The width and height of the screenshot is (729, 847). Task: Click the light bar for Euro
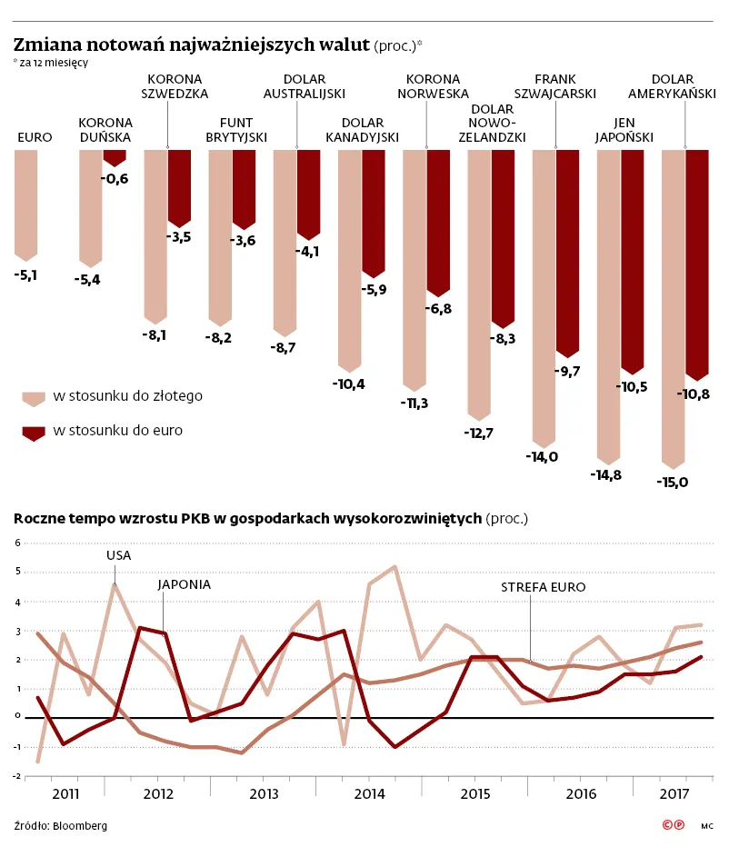coord(26,205)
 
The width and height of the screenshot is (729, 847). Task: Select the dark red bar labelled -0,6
coord(115,158)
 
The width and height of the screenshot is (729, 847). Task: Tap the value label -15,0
coord(673,483)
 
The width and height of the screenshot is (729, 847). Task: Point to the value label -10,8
coord(694,394)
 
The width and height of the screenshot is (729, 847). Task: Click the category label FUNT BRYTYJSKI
coord(236,130)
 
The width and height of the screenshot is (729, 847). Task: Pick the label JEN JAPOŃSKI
coord(624,130)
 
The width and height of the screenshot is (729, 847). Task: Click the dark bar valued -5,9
coord(374,214)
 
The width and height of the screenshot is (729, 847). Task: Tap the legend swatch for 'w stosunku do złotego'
coord(34,399)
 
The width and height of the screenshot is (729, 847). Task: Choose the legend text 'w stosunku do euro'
coord(118,431)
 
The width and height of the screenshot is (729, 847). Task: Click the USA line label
coord(118,555)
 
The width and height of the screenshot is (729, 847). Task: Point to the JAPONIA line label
coord(185,584)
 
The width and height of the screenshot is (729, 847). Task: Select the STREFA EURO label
coord(543,587)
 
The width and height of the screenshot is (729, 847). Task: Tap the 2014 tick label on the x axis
coord(370,794)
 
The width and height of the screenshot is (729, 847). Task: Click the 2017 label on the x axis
coord(674,794)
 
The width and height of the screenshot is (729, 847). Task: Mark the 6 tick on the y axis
coord(18,543)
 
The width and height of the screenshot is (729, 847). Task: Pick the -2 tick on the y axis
coord(15,776)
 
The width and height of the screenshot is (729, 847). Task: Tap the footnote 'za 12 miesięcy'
coord(54,63)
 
